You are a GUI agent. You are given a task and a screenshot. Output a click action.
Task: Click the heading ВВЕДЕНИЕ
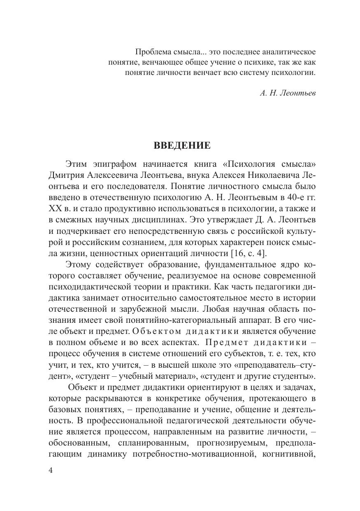point(182,145)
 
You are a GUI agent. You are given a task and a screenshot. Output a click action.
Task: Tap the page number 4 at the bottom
point(51,471)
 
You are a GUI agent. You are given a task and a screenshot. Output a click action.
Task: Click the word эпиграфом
point(115,164)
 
